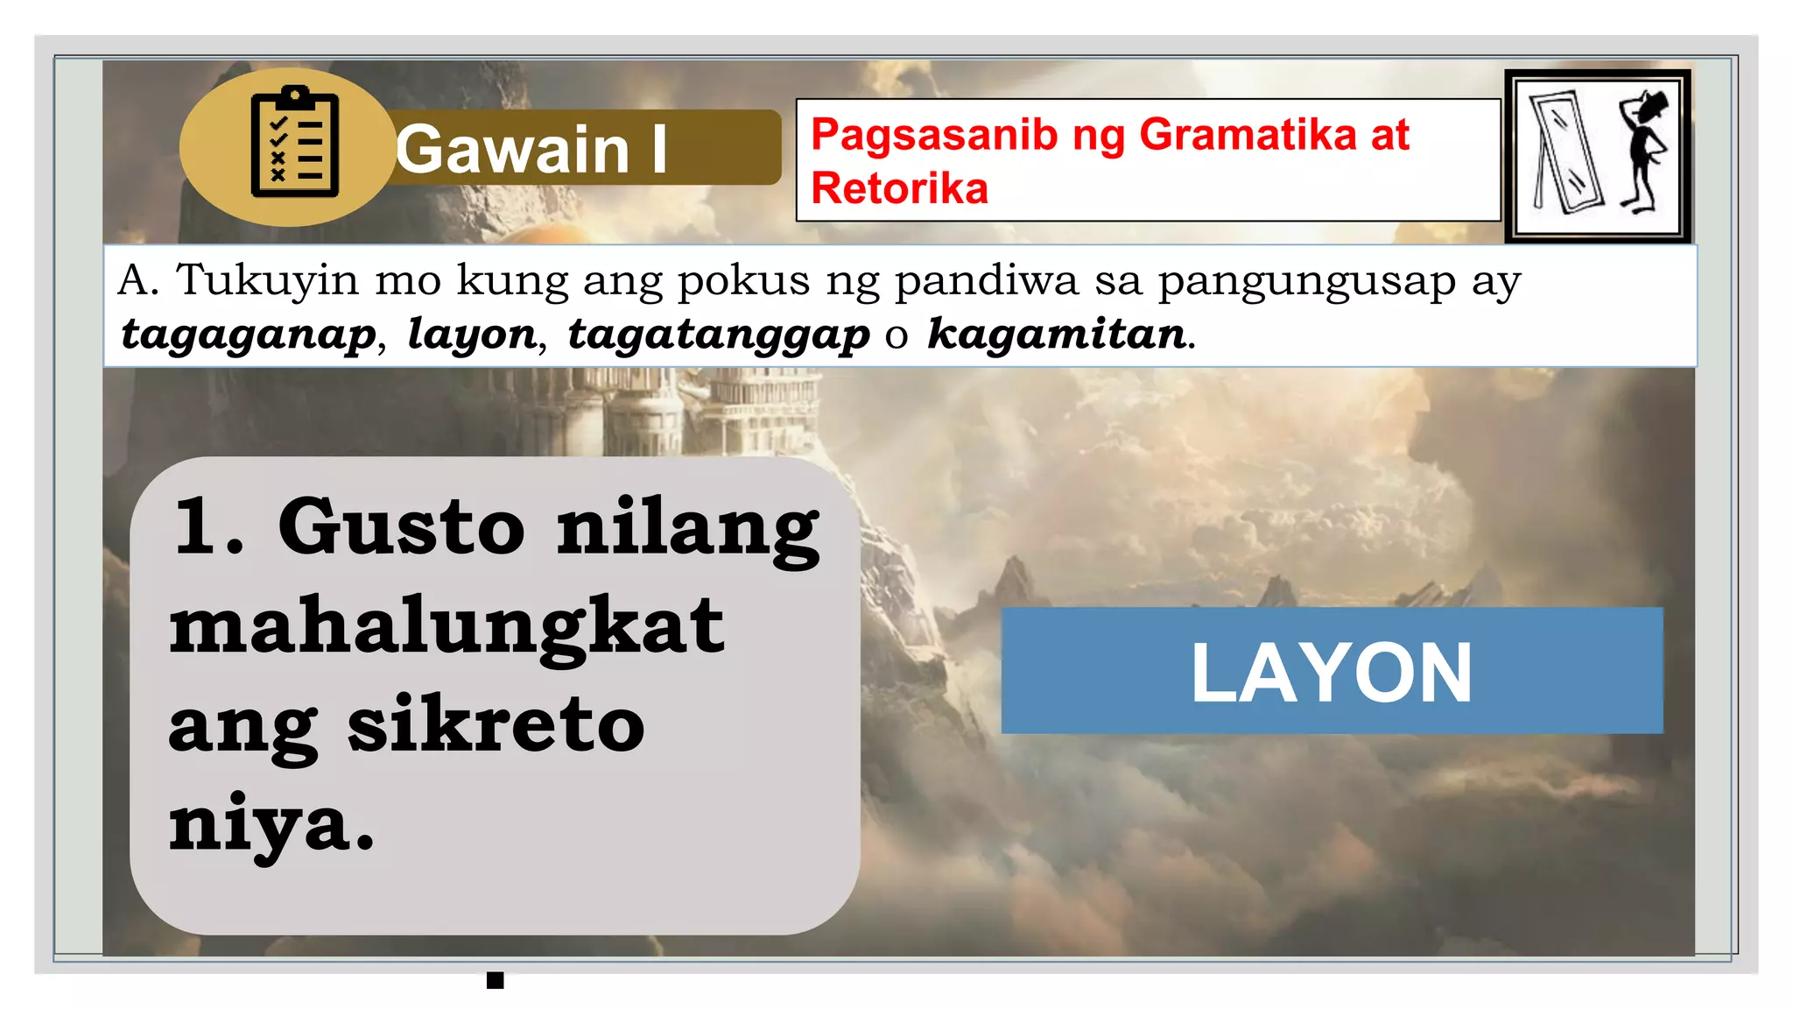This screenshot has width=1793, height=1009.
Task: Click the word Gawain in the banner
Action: pyautogui.click(x=512, y=149)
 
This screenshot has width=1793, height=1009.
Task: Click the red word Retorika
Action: pyautogui.click(x=899, y=188)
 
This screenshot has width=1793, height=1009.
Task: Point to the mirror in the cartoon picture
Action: pyautogui.click(x=1566, y=152)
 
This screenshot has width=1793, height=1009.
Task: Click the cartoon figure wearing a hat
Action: pyautogui.click(x=1644, y=149)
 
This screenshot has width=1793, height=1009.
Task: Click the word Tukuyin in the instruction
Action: pyautogui.click(x=267, y=280)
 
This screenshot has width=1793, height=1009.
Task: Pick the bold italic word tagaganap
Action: pyautogui.click(x=249, y=335)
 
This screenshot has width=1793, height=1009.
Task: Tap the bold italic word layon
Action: pyautogui.click(x=472, y=335)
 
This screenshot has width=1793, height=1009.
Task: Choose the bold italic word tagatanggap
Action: pyautogui.click(x=718, y=335)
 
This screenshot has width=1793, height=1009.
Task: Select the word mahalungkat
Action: pyautogui.click(x=446, y=627)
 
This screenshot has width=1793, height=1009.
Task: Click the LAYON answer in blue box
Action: pyautogui.click(x=1331, y=672)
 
